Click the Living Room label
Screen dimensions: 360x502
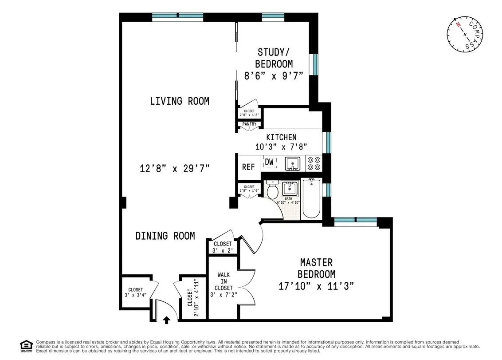click(x=179, y=101)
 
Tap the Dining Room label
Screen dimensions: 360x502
click(x=165, y=236)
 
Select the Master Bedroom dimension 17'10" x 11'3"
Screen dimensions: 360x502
click(x=316, y=286)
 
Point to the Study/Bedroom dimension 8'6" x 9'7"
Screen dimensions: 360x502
click(x=274, y=75)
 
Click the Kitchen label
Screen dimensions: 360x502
click(x=281, y=137)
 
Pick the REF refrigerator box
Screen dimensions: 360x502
click(x=248, y=167)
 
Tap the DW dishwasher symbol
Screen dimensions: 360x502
click(x=270, y=163)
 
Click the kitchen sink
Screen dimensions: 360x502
click(x=292, y=164)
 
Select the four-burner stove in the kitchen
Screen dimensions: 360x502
click(x=314, y=163)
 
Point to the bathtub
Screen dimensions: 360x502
click(x=311, y=198)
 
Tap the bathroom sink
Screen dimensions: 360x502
click(x=290, y=189)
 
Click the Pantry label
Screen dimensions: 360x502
click(x=249, y=124)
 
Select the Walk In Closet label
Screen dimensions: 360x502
click(x=224, y=281)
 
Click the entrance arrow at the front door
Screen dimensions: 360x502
click(x=167, y=320)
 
